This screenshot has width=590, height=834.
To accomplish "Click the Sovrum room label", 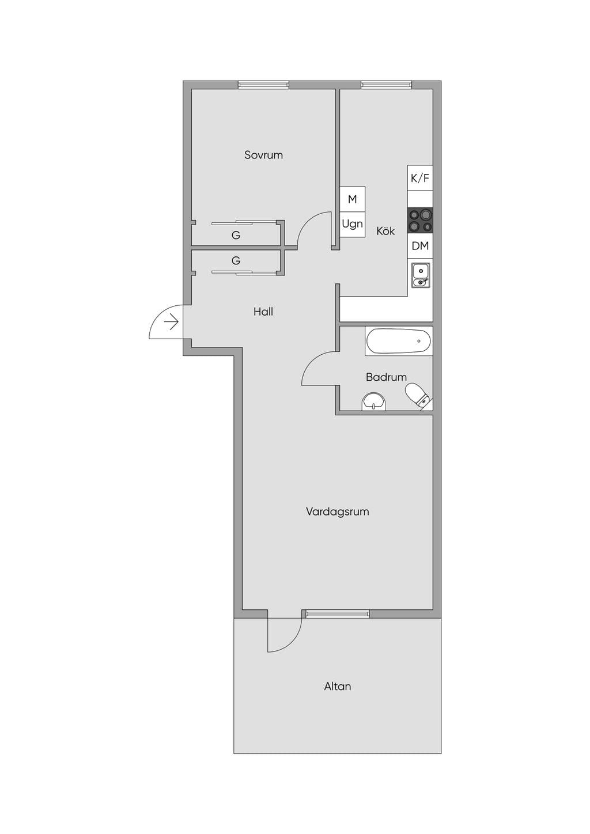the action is tap(263, 155).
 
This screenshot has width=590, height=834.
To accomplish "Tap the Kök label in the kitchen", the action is tap(385, 231).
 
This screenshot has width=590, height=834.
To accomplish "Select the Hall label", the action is tap(263, 312).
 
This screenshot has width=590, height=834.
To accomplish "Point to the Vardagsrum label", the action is tap(338, 511).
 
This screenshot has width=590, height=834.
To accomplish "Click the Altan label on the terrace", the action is tap(338, 686).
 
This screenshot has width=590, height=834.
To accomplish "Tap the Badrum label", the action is tap(386, 377).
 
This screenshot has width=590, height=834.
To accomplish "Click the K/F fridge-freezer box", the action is tap(420, 179).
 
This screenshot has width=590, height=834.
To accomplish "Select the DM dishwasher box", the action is tap(420, 246).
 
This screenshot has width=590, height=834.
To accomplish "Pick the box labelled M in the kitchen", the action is tap(353, 199).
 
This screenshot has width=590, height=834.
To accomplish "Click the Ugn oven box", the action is tap(353, 225).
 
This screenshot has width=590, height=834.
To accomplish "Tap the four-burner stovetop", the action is tap(420, 220).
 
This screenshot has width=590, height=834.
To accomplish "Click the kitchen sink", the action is tap(421, 275).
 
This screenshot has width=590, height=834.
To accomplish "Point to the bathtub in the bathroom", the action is tap(399, 341).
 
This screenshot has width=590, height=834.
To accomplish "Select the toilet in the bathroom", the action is tap(418, 396).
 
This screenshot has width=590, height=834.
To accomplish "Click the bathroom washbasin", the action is tap(374, 401).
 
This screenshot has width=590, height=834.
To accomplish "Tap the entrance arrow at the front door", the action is tap(173, 322).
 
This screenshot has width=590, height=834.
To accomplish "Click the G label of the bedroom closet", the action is tap(236, 236).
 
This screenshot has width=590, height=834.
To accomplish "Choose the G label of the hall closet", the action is tap(236, 260).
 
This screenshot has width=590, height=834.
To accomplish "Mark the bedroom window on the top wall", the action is tap(264, 85).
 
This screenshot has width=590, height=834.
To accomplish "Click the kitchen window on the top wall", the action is tap(387, 85).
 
